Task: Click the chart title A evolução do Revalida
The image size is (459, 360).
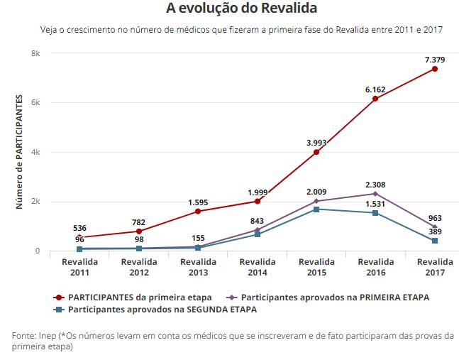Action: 241,9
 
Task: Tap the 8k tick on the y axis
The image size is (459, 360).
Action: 35,53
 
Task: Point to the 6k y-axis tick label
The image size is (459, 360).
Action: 35,102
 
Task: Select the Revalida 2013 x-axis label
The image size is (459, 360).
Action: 198,267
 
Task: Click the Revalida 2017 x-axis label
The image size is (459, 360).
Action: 434,267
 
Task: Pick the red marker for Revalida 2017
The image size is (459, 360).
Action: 434,69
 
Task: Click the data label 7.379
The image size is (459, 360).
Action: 434,59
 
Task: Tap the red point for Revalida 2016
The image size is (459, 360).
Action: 375,99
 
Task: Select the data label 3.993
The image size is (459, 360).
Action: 316,143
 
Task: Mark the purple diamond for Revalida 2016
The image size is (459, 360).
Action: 375,194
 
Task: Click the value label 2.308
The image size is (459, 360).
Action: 375,184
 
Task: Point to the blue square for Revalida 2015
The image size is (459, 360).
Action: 316,209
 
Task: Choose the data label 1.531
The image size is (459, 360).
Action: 375,204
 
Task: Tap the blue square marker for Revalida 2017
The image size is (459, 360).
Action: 434,241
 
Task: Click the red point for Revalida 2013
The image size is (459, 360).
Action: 198,212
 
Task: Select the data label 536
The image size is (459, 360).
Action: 79,228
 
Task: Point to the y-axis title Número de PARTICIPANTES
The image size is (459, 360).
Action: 20,152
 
